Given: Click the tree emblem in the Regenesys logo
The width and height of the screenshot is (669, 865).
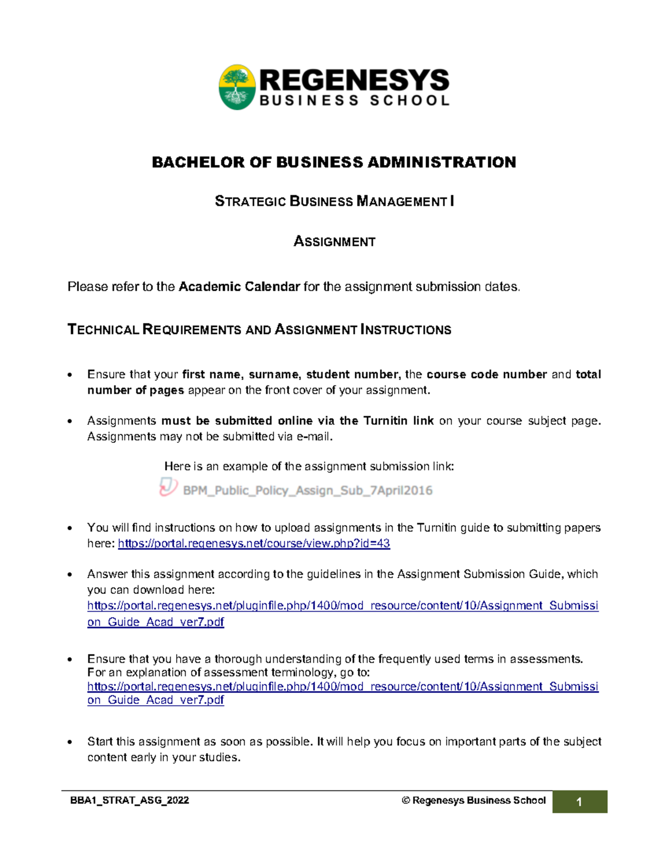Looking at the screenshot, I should tap(237, 87).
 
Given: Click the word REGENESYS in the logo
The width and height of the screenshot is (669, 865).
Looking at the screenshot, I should tap(354, 80).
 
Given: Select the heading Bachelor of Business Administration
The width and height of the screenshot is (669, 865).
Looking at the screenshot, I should tap(334, 162).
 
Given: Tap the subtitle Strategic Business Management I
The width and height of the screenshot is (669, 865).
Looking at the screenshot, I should tap(334, 201).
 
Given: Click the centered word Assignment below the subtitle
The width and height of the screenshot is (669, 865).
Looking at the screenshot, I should tap(334, 241).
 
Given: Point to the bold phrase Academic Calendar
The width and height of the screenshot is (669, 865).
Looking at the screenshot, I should tap(239, 287).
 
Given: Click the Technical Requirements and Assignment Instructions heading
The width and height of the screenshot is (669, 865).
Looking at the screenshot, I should tap(259, 330).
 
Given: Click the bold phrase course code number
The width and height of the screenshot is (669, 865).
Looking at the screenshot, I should tap(486, 374).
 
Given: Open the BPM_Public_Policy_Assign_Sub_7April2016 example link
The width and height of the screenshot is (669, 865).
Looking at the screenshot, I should tap(307, 491).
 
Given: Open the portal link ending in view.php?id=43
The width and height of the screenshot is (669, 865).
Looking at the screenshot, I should tap(254, 544).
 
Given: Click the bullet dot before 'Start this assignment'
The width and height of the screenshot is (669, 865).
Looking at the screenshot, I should tap(70, 742).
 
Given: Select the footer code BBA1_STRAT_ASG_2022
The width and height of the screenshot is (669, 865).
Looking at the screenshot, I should tap(129, 800).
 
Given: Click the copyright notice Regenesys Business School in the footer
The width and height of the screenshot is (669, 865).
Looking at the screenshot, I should tap(473, 800).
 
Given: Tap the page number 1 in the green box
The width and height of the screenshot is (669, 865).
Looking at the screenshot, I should tap(579, 802).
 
